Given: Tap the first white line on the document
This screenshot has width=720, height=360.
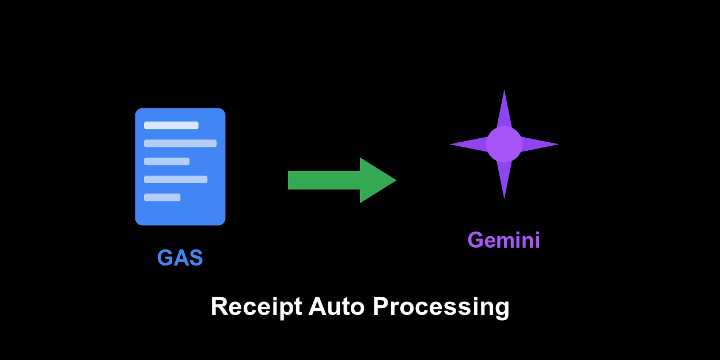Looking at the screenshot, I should [x=171, y=126].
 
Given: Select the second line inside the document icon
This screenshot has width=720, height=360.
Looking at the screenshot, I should [x=180, y=143].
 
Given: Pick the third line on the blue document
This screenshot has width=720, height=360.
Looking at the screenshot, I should [x=166, y=161].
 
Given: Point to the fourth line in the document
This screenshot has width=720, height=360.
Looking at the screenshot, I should [x=176, y=179].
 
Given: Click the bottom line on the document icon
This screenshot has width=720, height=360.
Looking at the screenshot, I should [x=162, y=197].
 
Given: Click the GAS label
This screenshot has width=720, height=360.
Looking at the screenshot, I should [x=180, y=258].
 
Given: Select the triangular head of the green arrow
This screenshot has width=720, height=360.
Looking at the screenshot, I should [x=376, y=180].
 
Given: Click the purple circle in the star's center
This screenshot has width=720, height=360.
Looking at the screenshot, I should [x=504, y=144].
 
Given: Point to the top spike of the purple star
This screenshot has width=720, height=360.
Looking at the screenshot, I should [x=504, y=109].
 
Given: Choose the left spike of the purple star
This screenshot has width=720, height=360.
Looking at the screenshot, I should [x=468, y=144].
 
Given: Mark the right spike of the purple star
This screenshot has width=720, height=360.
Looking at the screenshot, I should [x=540, y=144].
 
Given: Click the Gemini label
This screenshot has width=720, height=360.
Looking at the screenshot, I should [x=504, y=240].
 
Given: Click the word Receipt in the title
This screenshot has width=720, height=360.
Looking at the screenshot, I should [x=256, y=307].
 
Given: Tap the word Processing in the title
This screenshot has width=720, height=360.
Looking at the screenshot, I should [x=441, y=307].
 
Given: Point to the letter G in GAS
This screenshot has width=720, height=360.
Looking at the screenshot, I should [x=165, y=258].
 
